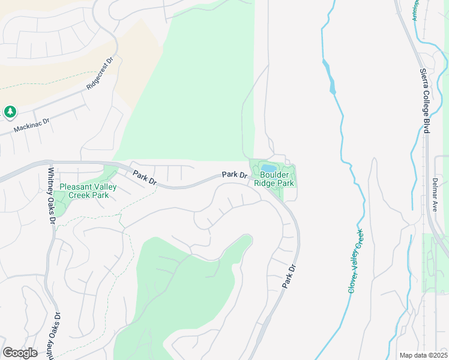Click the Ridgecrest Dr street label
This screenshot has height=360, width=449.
pyautogui.click(x=100, y=74)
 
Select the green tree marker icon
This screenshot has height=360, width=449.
pyautogui.click(x=10, y=112)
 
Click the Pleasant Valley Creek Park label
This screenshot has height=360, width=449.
pyautogui.click(x=88, y=191)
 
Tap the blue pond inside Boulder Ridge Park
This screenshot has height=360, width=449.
pyautogui.click(x=269, y=167)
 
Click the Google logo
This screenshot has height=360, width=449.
pyautogui.click(x=20, y=352)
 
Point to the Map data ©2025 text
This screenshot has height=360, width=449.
pyautogui.click(x=423, y=355)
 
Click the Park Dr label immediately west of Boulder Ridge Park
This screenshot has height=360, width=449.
pyautogui.click(x=234, y=175)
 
